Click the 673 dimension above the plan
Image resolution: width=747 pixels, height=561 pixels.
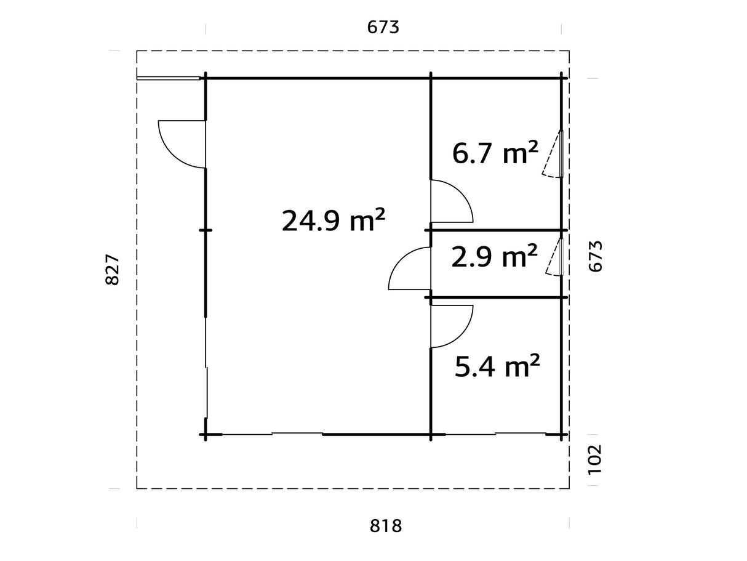point(383,28)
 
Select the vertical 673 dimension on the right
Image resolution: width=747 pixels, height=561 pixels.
point(596,256)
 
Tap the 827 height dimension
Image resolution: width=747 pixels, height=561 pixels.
point(112,270)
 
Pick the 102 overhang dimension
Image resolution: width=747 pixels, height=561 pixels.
point(596,459)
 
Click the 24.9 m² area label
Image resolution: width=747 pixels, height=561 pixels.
point(334,220)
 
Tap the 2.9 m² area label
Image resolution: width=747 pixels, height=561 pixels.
point(494,256)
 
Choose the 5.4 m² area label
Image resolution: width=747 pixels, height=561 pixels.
point(497,367)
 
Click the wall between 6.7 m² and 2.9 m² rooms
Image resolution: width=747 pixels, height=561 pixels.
point(495,230)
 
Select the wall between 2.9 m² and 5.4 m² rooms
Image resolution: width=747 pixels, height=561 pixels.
point(495,298)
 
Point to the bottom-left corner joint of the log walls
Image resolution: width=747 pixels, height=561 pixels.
point(206,435)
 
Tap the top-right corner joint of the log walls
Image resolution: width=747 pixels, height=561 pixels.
point(561,78)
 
